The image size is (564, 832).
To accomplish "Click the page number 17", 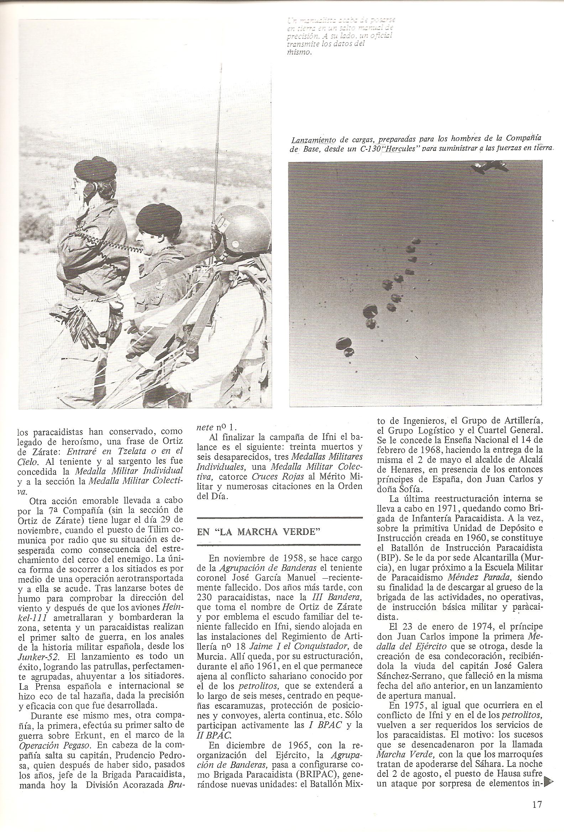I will click(537, 794).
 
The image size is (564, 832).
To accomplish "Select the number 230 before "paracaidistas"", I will click(205, 606).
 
